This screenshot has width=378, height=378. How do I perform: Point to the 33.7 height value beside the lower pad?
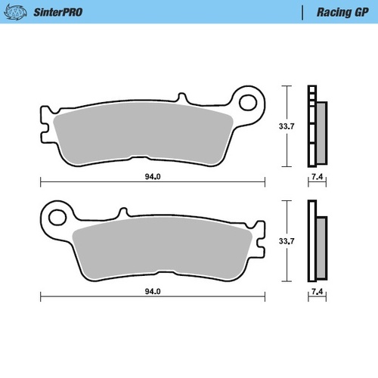287,241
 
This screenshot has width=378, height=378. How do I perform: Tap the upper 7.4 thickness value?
318,178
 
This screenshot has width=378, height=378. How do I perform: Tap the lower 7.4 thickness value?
318,290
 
